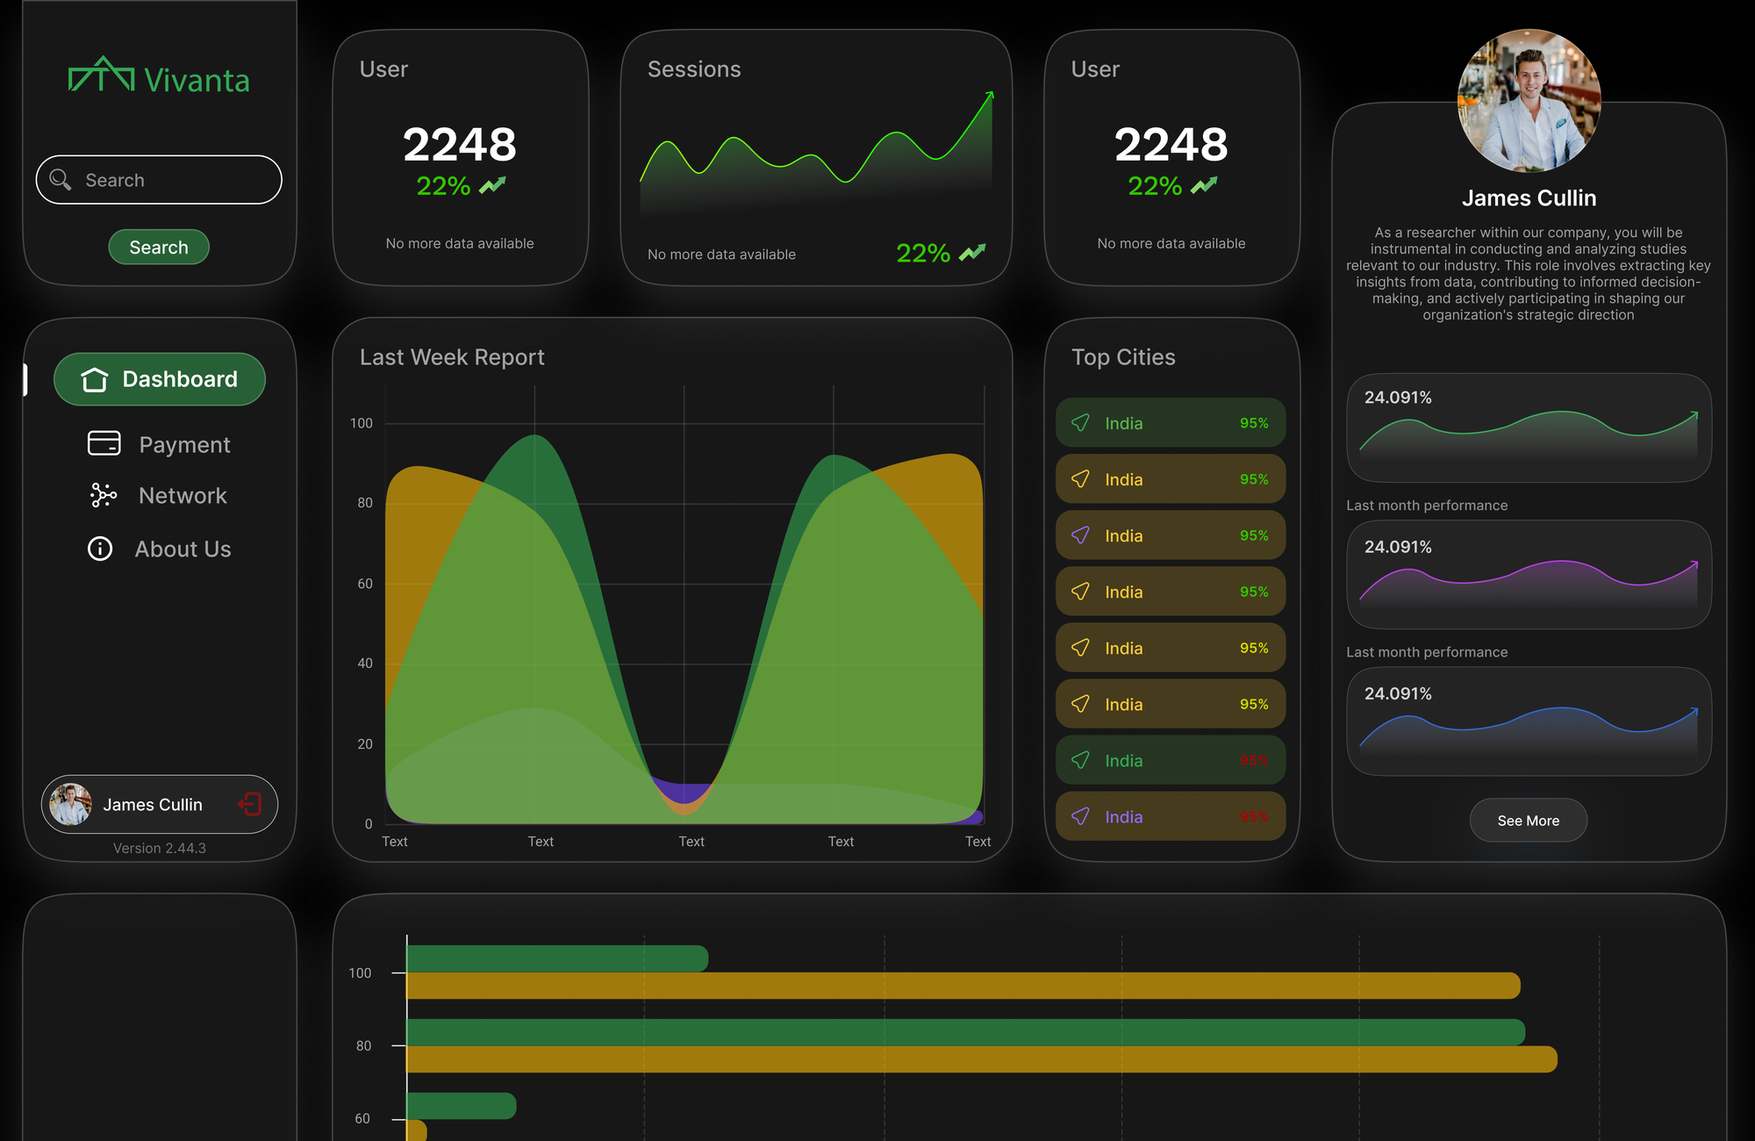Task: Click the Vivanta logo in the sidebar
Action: (159, 78)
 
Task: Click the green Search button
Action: (159, 248)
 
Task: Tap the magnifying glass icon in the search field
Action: (61, 180)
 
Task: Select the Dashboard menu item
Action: (160, 379)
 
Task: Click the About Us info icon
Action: (100, 549)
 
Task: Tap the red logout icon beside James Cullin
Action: (250, 804)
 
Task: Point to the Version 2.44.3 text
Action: (159, 848)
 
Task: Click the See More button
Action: (1528, 821)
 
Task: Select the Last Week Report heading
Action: (452, 357)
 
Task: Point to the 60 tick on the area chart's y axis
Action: (365, 584)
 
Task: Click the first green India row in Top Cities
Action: (1170, 423)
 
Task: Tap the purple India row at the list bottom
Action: (1170, 816)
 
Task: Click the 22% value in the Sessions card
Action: (923, 254)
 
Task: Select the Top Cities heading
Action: (1123, 357)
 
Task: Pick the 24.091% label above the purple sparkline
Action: (1398, 547)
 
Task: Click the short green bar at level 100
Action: (557, 958)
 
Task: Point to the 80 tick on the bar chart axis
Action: (363, 1045)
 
